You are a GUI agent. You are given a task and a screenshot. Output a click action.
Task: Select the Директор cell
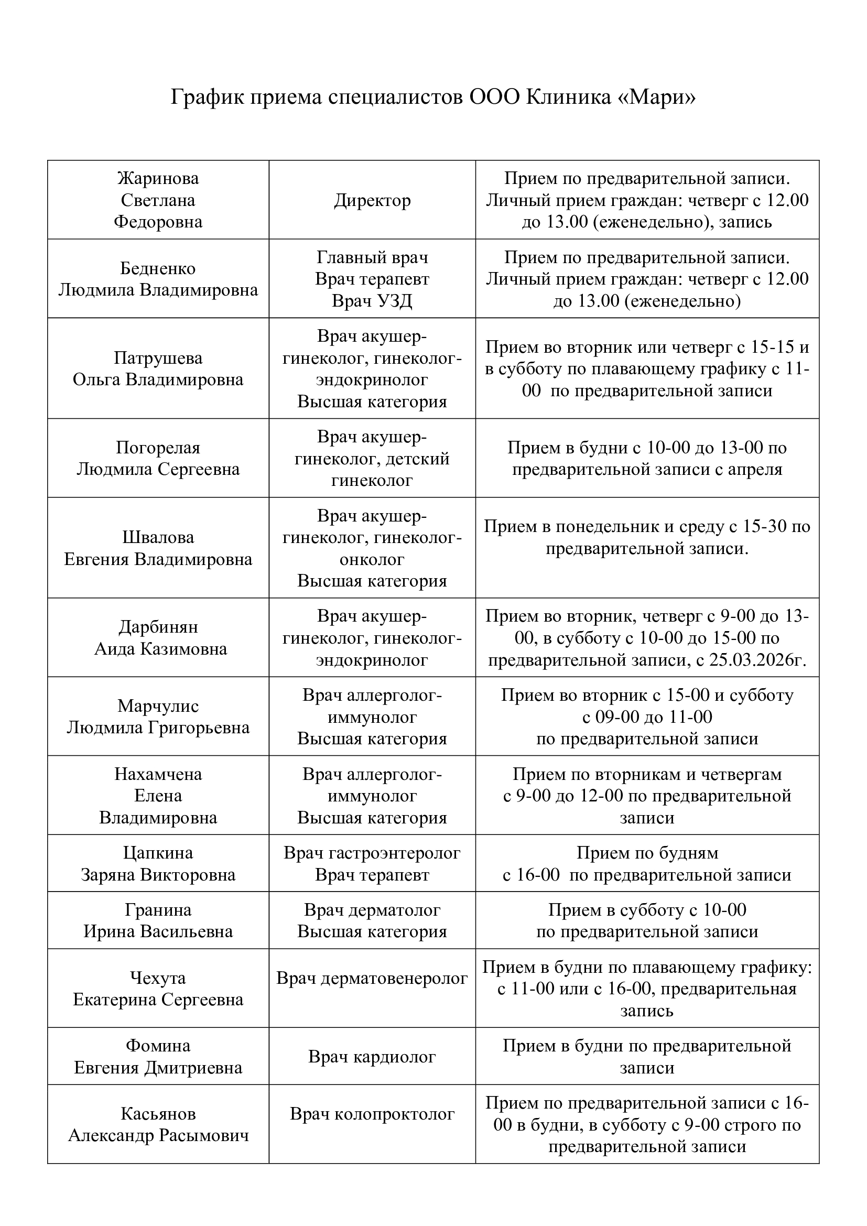(372, 200)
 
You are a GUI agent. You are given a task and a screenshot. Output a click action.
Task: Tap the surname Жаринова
(158, 178)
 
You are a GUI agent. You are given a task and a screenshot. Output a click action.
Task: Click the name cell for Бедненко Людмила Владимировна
(158, 279)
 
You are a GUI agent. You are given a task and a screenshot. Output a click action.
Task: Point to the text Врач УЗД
(372, 301)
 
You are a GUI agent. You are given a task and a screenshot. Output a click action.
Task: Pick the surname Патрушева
(158, 358)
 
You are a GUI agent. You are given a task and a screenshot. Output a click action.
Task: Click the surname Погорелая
(158, 448)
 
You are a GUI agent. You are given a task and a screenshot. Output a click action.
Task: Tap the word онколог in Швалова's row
(372, 560)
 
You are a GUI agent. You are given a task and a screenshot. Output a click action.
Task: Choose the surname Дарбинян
(158, 627)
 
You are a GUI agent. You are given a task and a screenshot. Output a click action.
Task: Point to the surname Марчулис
(158, 706)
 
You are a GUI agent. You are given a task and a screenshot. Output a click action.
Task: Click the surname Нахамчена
(158, 774)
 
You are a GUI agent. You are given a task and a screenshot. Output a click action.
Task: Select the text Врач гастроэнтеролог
(372, 853)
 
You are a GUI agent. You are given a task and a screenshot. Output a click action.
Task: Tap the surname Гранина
(158, 910)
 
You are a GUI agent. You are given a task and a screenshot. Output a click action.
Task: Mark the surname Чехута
(158, 978)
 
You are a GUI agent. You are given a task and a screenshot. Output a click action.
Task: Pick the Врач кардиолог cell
(372, 1057)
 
